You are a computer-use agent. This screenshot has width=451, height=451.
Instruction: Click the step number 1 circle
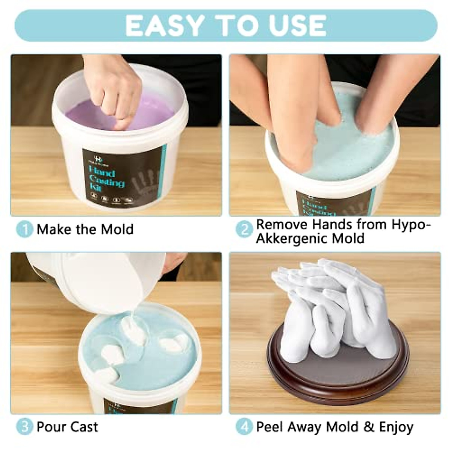pos(24,229)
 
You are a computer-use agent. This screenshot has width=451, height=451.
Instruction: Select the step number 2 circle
pos(244,229)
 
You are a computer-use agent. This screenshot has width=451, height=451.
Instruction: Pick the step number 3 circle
pos(24,427)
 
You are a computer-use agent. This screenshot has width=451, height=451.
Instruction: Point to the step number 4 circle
pos(244,427)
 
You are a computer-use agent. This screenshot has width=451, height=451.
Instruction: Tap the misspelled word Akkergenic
pos(288,239)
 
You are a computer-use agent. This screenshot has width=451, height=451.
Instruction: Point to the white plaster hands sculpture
pos(331,308)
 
